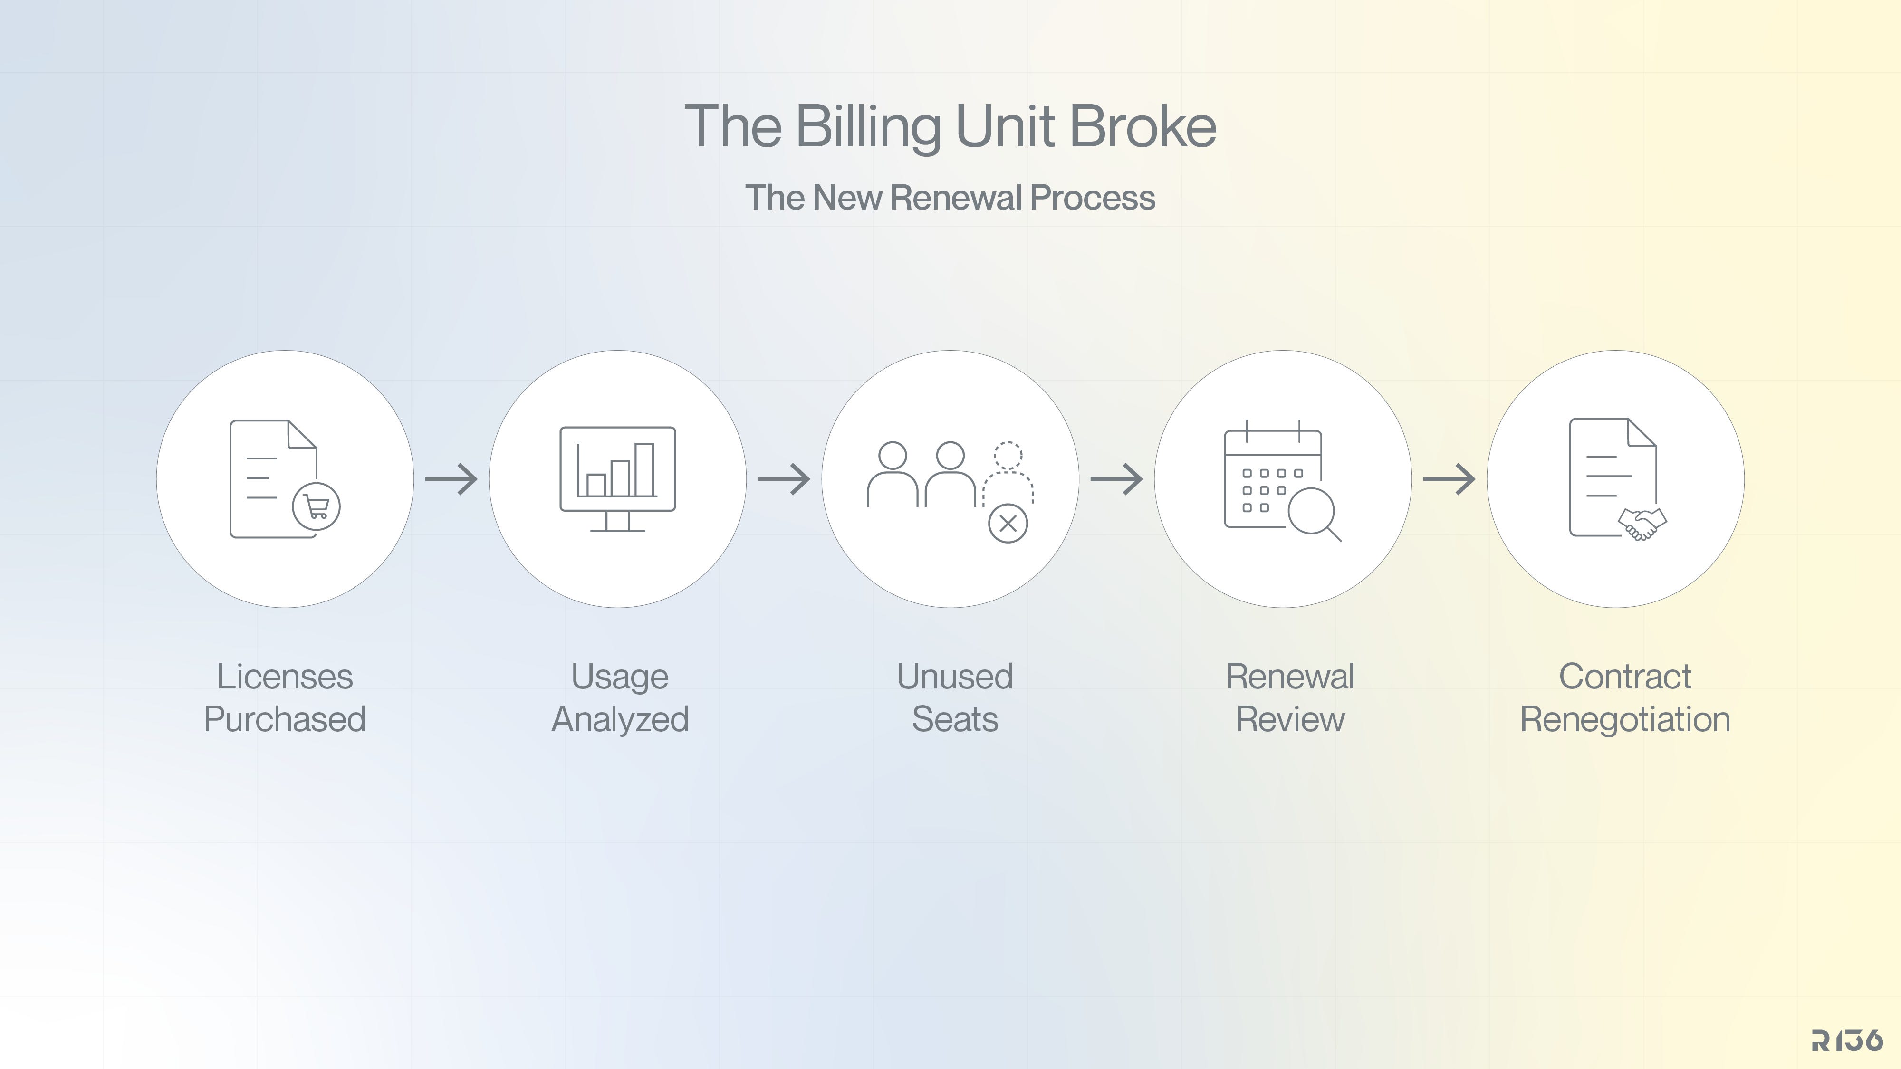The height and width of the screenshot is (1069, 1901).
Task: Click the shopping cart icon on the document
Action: [x=317, y=506]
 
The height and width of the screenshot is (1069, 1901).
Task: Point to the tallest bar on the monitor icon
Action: [x=644, y=469]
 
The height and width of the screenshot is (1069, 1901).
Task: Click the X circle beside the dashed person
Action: [x=1008, y=524]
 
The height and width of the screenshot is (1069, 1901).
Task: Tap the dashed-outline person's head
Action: [x=1008, y=455]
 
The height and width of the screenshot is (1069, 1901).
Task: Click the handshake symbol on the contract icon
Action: [x=1642, y=524]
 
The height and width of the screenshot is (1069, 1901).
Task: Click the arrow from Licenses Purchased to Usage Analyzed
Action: [x=451, y=479]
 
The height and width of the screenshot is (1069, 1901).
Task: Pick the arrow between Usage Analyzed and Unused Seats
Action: [x=784, y=479]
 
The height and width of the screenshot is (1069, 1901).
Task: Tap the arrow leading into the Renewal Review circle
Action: [x=1116, y=479]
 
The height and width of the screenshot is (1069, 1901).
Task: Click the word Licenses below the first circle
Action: [x=285, y=677]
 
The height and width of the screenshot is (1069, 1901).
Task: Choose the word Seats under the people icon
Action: [x=955, y=719]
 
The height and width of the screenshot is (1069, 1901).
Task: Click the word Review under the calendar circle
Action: [x=1290, y=719]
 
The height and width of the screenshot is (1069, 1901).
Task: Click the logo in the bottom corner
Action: [x=1847, y=1040]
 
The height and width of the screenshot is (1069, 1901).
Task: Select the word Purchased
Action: [x=285, y=719]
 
